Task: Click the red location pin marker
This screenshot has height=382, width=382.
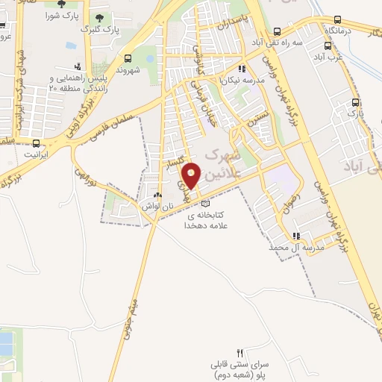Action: tap(192, 175)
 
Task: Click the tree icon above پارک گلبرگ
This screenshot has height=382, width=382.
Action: tap(100, 17)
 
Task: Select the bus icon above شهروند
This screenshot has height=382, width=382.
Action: tap(128, 57)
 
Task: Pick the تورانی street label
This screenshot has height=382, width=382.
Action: tap(88, 177)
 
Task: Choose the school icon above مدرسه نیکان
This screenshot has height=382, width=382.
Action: tap(241, 69)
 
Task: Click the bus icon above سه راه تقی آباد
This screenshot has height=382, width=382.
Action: tap(278, 31)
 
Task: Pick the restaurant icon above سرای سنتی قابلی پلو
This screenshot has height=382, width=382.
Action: tap(239, 354)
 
